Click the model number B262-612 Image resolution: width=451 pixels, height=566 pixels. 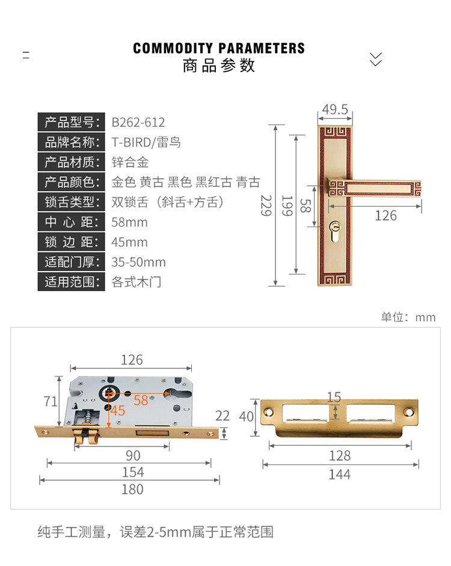[138, 123]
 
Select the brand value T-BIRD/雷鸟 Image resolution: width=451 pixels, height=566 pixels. [146, 142]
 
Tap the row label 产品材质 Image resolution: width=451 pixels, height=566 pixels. [71, 162]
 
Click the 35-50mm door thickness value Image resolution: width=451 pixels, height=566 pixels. [139, 262]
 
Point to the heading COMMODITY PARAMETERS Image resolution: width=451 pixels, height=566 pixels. [219, 49]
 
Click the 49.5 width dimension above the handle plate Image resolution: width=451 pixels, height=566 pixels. [335, 109]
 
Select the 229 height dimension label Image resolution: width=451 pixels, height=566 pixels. [266, 205]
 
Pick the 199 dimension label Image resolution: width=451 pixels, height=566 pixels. [287, 205]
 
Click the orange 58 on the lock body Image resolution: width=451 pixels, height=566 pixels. [141, 400]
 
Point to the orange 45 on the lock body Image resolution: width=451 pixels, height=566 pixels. [118, 411]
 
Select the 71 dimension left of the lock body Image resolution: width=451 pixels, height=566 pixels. [51, 401]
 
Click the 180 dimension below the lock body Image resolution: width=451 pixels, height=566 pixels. [132, 489]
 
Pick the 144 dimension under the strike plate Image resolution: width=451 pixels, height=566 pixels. [340, 475]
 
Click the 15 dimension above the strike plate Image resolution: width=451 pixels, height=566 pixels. [334, 397]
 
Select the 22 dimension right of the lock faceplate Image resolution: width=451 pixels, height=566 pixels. [222, 415]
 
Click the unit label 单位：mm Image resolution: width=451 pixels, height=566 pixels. [408, 317]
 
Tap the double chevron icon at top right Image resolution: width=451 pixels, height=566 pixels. [376, 58]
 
